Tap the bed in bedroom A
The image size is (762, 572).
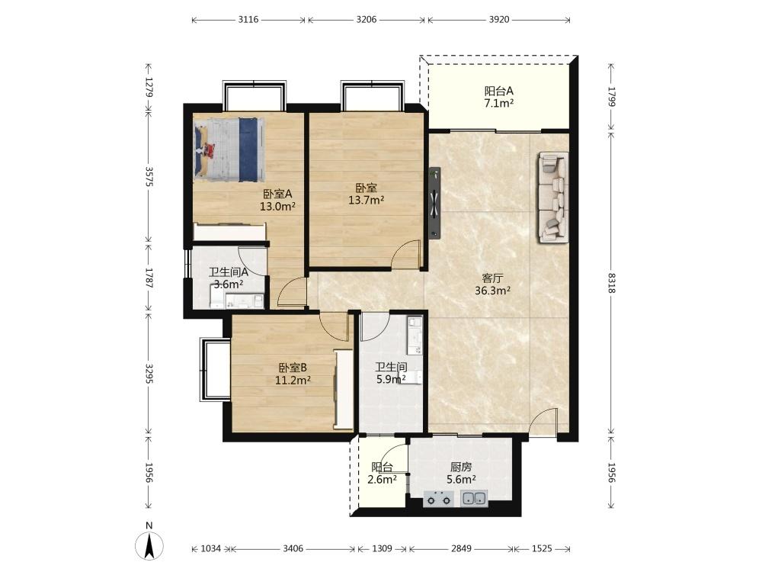tap(229, 149)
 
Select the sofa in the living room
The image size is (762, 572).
tap(553, 197)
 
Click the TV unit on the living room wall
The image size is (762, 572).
tap(434, 204)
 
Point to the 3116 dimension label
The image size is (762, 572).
tap(248, 20)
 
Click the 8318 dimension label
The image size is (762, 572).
tap(611, 283)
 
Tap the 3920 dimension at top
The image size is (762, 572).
tap(498, 20)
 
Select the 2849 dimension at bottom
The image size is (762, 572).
tap(461, 548)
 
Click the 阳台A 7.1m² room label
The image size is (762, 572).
tap(499, 97)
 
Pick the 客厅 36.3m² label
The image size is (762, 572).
tap(492, 284)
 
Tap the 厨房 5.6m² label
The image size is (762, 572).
tap(461, 474)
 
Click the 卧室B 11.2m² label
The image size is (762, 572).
tap(293, 374)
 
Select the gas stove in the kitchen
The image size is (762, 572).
tap(438, 499)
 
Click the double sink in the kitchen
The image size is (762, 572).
tap(474, 498)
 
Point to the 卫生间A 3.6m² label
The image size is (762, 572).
tap(229, 278)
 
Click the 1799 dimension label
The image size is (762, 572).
tap(611, 98)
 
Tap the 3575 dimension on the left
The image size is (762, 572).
tap(149, 177)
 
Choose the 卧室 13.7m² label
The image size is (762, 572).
tap(367, 194)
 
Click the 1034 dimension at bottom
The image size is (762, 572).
tap(210, 548)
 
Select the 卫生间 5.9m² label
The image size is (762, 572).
tap(391, 373)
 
